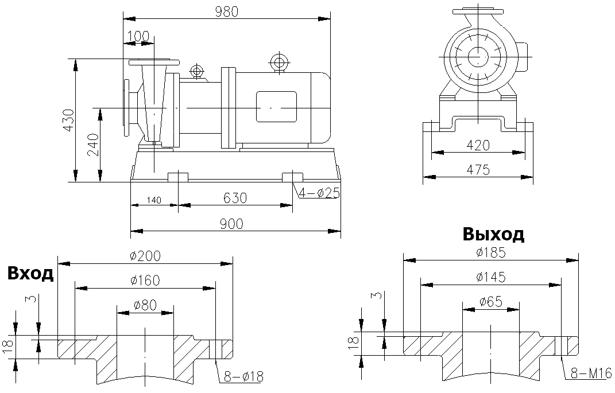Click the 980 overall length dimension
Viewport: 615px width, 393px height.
click(x=226, y=11)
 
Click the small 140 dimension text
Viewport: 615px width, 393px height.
click(x=153, y=200)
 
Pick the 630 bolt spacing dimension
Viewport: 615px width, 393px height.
click(x=235, y=198)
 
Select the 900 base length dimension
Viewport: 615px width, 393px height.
click(x=235, y=223)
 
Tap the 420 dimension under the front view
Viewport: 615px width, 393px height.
click(x=478, y=145)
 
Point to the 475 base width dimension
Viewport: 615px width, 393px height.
click(x=478, y=170)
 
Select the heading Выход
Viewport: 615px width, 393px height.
click(x=493, y=234)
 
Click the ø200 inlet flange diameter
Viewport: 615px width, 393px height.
click(x=145, y=255)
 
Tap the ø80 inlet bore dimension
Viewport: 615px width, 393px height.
click(x=145, y=305)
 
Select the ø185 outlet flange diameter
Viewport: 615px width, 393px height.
click(x=491, y=252)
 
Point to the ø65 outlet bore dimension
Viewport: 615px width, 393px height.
click(x=491, y=301)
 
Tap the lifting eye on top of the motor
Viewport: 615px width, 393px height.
click(x=279, y=62)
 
